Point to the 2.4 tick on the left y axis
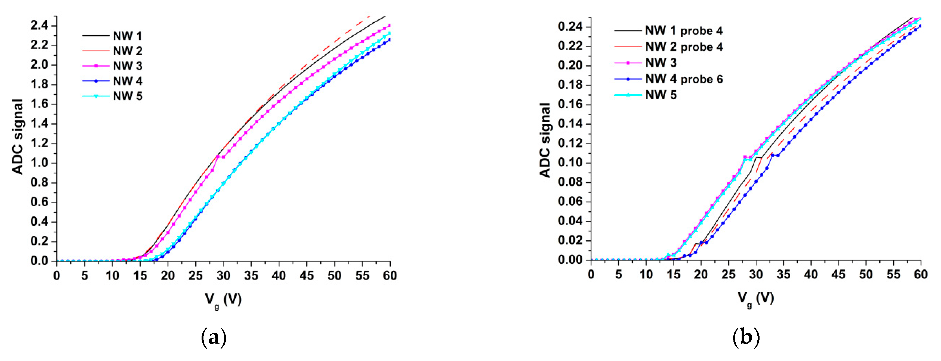click(39, 26)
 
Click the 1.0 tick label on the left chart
click(39, 163)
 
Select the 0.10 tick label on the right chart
click(570, 163)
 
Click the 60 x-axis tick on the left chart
click(390, 275)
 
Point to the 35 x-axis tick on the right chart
click(783, 274)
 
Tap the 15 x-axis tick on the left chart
click(140, 275)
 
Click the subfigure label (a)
click(214, 338)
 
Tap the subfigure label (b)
click(746, 338)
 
